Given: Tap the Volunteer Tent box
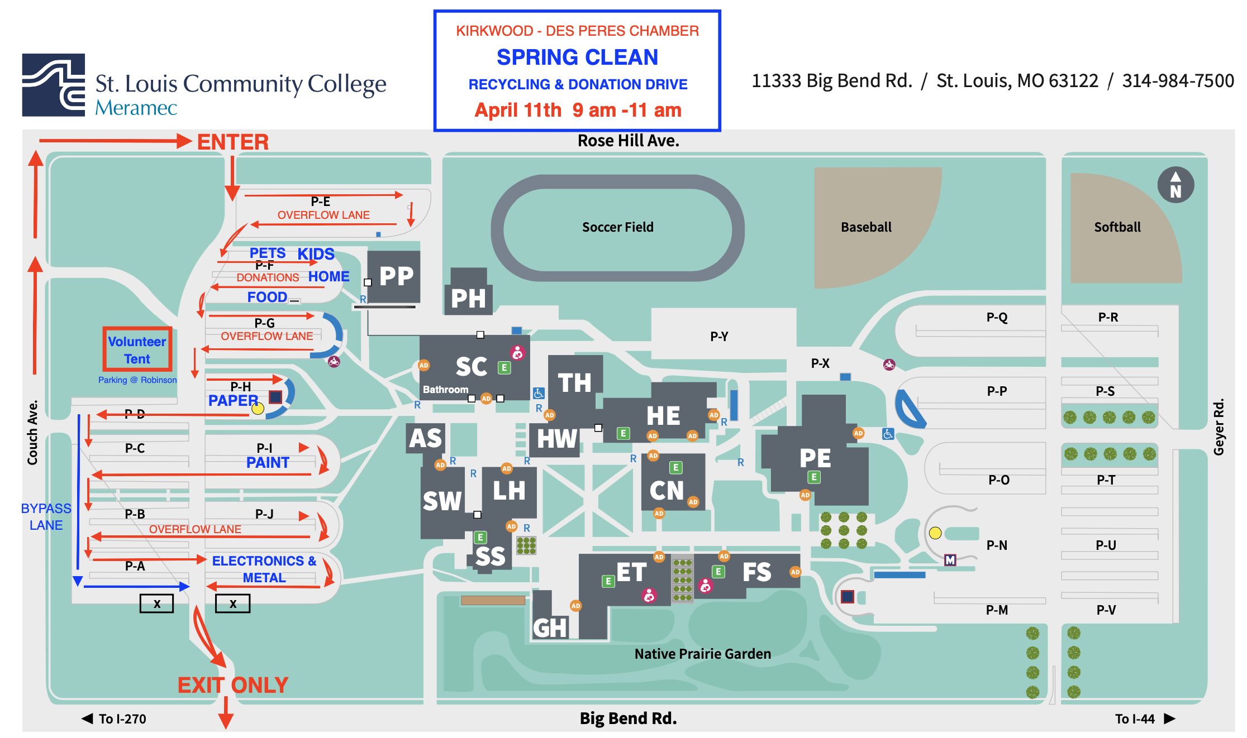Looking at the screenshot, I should tap(137, 350).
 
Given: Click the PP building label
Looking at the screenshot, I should tap(396, 276).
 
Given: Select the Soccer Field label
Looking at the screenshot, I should tap(617, 227).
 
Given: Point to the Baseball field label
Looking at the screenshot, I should tap(866, 227).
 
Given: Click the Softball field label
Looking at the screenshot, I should tap(1117, 227).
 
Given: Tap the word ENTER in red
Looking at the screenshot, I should tap(233, 142).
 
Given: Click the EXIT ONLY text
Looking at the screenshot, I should tap(232, 685).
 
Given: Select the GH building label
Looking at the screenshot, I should tap(549, 628).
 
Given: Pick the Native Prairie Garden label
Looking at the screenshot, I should tap(702, 654).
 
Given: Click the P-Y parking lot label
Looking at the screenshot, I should tap(719, 337).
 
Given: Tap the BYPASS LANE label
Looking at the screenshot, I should tap(46, 517).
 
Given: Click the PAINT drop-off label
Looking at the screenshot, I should tap(268, 463).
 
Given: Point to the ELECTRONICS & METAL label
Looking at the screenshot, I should tap(264, 569).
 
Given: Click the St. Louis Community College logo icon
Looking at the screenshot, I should tap(54, 85).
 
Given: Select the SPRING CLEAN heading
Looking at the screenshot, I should tap(577, 57).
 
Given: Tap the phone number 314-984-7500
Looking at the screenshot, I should tap(1178, 81).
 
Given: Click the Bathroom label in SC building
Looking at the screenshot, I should tap(445, 390).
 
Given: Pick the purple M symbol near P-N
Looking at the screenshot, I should tap(950, 560).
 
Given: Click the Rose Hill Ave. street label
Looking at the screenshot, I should tap(628, 141).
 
